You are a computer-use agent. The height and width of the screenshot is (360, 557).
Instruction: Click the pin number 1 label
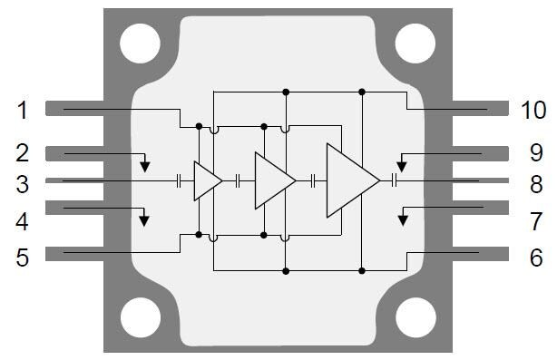(22, 110)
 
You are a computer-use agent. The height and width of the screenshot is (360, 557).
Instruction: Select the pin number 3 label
(22, 184)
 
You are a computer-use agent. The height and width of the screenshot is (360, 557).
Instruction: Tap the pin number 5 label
(22, 258)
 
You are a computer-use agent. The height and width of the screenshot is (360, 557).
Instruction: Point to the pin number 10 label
(533, 110)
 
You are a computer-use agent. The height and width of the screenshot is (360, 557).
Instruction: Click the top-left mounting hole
(140, 42)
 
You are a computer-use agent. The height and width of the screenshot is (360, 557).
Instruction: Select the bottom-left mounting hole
(140, 319)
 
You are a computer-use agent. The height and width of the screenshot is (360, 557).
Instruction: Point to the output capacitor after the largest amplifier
(395, 180)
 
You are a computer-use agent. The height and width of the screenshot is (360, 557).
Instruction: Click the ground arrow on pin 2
(146, 166)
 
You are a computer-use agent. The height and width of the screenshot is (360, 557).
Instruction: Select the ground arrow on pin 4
(143, 219)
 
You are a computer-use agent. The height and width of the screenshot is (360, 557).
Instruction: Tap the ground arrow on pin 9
(403, 166)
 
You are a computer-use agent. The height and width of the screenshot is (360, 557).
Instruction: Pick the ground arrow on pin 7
(405, 219)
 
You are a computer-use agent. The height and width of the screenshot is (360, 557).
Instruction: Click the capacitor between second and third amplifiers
(313, 180)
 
